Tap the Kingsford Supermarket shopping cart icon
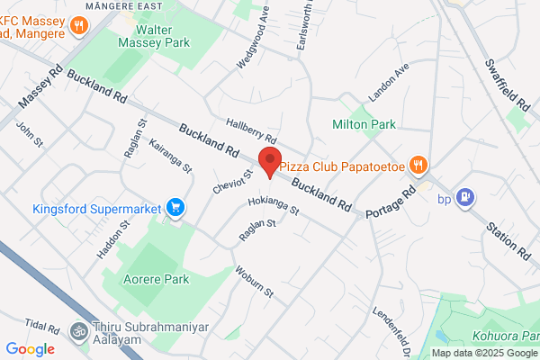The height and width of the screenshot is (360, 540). tap(176, 209)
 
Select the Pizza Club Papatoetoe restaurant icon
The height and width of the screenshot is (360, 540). tap(418, 166)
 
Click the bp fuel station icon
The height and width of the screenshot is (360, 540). tap(465, 197)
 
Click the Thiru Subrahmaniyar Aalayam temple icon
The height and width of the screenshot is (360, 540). tap(79, 330)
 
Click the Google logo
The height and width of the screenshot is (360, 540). tap(31, 349)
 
